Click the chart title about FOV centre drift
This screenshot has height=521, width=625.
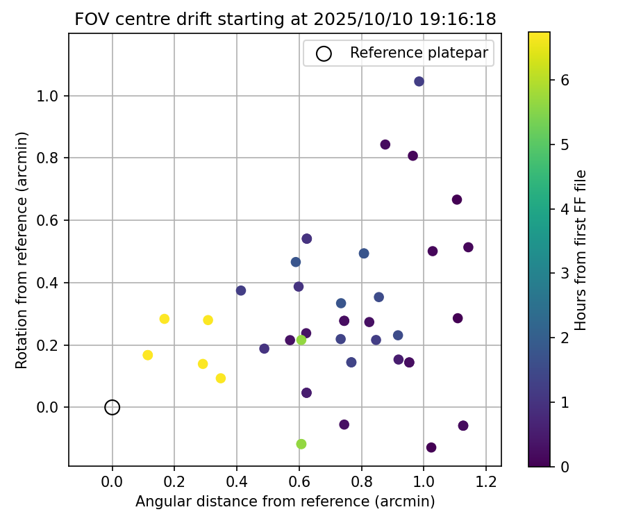coord(285,19)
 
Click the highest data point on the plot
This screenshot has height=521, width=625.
coord(419,81)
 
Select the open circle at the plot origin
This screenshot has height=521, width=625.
coord(112,407)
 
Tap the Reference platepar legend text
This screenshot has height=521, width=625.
coord(419,53)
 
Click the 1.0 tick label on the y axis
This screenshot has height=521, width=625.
coord(47,96)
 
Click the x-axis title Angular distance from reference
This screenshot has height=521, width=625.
coord(285,502)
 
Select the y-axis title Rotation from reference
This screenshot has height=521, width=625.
coord(22,250)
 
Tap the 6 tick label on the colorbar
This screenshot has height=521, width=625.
coord(565,80)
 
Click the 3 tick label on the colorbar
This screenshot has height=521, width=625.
coord(565,273)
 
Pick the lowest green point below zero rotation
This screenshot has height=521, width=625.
coord(301,444)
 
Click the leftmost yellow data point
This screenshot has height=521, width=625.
coord(147,355)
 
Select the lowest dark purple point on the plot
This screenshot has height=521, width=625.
coord(431,447)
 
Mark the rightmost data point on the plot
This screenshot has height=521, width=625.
coord(468,247)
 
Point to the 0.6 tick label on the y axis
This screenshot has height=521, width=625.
coord(47,220)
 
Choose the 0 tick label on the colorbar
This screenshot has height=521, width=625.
coord(565,466)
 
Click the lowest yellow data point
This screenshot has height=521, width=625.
coord(221,379)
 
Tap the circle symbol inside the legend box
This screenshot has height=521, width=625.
coord(324,53)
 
